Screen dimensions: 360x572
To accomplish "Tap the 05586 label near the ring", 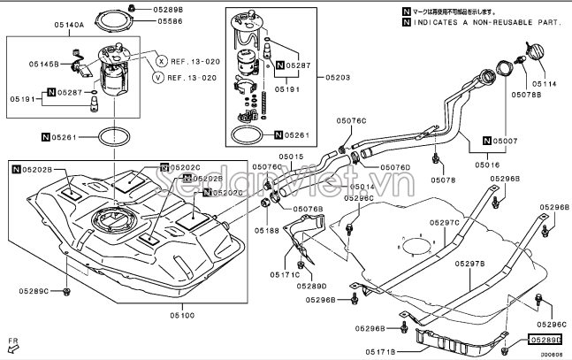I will (172, 21).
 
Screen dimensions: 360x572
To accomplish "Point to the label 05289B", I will (167, 9).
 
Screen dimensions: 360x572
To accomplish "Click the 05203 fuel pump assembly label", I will (337, 78).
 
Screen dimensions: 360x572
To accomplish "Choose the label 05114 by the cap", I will (545, 84).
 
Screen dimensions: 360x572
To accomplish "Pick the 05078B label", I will (526, 94).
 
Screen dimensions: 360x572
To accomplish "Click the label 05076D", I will (395, 166).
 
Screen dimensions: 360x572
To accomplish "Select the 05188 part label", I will (267, 230).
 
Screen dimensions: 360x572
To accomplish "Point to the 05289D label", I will (312, 286).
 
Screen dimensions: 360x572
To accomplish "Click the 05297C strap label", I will (446, 223).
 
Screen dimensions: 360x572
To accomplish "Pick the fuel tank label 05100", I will (183, 313).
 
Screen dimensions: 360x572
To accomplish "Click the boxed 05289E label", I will (545, 339).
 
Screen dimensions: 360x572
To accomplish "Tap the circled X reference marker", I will (161, 61).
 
